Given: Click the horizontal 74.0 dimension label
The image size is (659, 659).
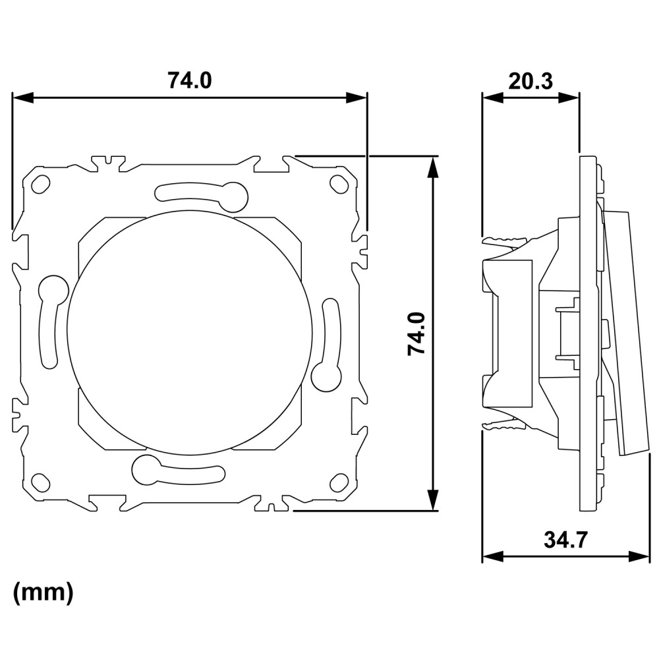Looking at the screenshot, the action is tap(190, 80).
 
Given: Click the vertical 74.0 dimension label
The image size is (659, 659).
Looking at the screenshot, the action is tap(416, 333).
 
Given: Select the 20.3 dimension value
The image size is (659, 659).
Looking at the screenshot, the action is tap(530, 81).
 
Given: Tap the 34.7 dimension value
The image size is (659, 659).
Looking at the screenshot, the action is tap(565, 540).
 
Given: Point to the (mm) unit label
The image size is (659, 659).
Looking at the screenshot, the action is tap(43, 592).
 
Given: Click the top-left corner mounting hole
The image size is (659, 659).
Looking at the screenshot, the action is tap(41, 184).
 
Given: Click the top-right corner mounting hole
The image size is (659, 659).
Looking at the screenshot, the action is tap(339, 183).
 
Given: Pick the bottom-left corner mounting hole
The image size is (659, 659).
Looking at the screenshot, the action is tap(41, 482).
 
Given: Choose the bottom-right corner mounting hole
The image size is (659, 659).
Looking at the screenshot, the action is tap(339, 482).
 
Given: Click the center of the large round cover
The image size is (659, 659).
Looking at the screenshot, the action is tap(190, 332).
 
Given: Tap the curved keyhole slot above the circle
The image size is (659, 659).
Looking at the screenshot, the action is tap(202, 196).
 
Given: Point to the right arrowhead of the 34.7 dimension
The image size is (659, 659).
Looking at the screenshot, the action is tap(639, 556).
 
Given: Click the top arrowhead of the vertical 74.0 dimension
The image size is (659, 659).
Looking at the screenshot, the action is tap(433, 167).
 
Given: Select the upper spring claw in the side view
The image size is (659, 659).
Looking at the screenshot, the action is tap(504, 241).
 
